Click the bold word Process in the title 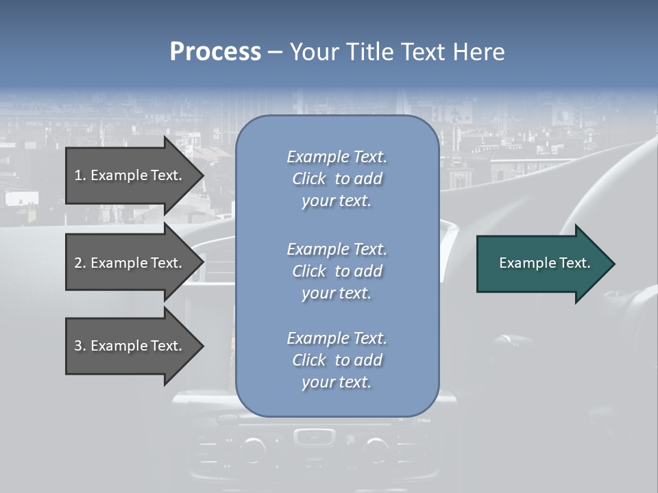[x=215, y=52]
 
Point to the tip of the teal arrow [x=613, y=264]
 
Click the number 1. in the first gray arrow [x=80, y=175]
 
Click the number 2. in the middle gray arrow [x=80, y=263]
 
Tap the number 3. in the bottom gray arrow [x=80, y=346]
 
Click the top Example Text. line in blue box [x=337, y=157]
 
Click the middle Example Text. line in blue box [x=337, y=249]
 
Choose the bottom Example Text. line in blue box [x=337, y=338]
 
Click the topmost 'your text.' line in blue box [x=337, y=201]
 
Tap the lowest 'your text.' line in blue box [x=337, y=382]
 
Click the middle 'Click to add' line [x=337, y=271]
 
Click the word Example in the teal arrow [x=523, y=263]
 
